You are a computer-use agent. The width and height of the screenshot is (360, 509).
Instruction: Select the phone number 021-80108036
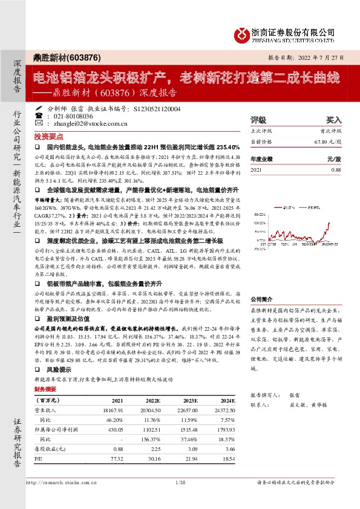pos(73,115)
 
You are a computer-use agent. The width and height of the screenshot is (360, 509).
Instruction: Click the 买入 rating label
pos(334,120)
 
